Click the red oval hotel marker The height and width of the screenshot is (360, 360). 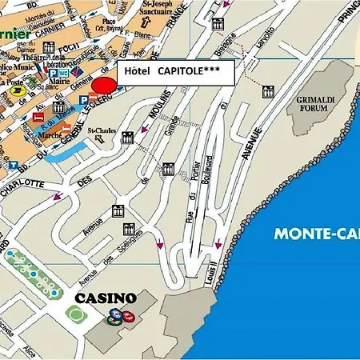(103, 86)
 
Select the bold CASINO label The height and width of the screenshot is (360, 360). (105, 298)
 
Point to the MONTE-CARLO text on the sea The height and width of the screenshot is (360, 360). (316, 234)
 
